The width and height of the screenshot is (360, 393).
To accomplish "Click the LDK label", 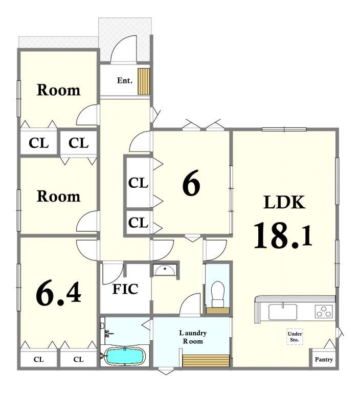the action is coord(284,202).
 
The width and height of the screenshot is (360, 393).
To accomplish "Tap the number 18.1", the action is coord(283,235).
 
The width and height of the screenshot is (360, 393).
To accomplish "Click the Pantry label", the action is coord(324,359).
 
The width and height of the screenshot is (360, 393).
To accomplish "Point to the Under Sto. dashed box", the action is coord(295,337).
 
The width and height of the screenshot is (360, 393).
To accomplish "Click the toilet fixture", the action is coord(217,294).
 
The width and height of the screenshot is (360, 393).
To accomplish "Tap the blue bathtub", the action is coord(125,356).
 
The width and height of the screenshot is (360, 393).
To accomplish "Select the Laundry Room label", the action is coord(193,337).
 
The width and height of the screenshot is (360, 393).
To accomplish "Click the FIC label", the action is coord(125,289).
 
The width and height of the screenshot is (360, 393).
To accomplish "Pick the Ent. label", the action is coord(124,80).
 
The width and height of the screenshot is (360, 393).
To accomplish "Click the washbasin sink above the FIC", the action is coord(165,270).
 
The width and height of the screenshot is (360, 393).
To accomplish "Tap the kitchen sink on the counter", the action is coord(283,312).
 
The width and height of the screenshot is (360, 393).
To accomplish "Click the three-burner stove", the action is coord(324,311).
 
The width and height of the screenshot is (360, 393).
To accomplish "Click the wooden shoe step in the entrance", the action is coord(144,81).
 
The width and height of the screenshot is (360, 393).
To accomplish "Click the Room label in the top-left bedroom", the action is coord(59,90).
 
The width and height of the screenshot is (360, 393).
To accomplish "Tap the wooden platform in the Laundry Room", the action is coord(206,361).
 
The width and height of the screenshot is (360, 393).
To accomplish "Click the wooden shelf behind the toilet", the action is coord(218,311).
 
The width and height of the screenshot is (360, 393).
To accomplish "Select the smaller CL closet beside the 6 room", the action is coord(138,222).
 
